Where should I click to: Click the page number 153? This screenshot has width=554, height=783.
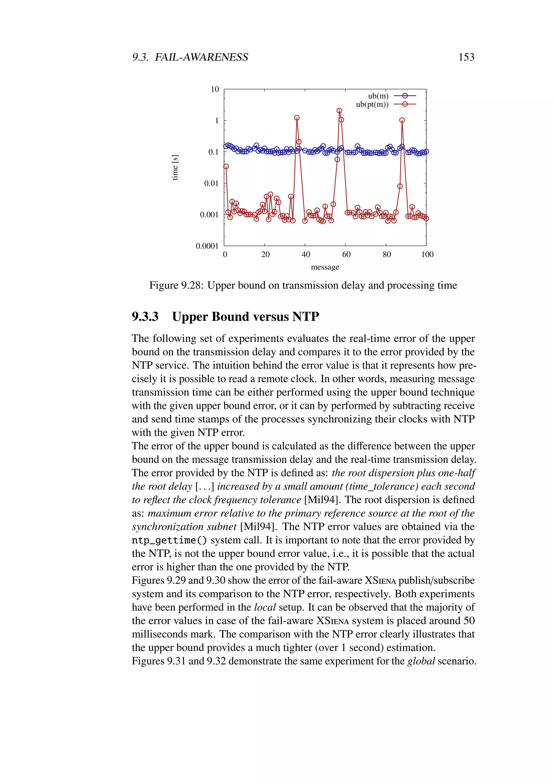(466, 57)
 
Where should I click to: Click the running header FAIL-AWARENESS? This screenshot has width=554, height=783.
(201, 57)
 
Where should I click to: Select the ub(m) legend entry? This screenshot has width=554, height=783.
(378, 96)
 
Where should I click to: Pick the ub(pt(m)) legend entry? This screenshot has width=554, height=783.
(372, 104)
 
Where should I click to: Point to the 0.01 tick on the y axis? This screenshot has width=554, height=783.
(211, 184)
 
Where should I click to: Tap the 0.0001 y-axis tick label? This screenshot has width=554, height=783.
(207, 246)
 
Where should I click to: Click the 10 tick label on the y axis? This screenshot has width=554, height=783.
(215, 89)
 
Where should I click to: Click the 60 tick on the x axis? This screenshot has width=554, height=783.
(346, 254)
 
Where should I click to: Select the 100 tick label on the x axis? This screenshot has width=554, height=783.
(427, 254)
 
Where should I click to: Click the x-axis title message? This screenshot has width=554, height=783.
(325, 267)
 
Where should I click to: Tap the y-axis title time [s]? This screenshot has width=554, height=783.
(175, 167)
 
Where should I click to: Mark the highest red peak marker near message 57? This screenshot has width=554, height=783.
(339, 111)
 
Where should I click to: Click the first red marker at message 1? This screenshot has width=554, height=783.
(226, 167)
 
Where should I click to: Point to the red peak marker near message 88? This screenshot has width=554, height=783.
(402, 120)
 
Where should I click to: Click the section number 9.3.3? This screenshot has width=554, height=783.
(145, 317)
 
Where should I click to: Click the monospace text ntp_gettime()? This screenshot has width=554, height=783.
(169, 540)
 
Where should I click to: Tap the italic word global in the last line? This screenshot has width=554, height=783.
(421, 661)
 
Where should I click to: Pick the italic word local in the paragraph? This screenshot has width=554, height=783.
(265, 607)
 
